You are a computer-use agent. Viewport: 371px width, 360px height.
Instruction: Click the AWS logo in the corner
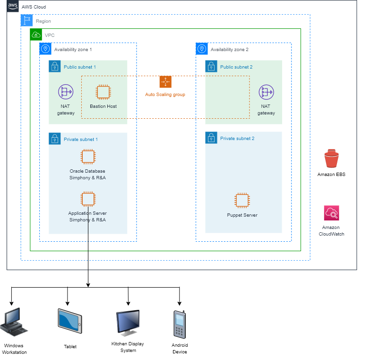point(13,6)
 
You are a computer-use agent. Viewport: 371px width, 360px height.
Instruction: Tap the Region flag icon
point(27,20)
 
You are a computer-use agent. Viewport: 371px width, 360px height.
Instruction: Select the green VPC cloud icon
point(36,35)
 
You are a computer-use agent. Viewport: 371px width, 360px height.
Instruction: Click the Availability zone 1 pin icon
point(45,49)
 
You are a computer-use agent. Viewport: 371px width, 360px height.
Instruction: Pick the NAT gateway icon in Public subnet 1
point(66,92)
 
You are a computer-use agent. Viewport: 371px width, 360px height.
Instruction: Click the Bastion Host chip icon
point(104,92)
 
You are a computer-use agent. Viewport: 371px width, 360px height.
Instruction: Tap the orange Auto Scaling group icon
point(165,82)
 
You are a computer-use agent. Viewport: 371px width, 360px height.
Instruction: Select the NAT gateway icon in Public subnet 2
point(267,92)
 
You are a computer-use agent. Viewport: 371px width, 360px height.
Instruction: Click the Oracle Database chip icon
point(88,157)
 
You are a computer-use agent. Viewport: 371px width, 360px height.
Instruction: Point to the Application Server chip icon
point(88,199)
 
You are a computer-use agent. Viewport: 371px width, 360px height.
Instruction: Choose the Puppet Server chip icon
point(242,201)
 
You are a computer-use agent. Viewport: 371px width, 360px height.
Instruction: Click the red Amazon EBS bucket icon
point(331,158)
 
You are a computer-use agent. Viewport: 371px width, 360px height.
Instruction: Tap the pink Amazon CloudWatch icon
point(331,213)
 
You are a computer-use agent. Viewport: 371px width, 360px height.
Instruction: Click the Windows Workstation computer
point(14,322)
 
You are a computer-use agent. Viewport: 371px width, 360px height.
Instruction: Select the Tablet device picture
point(70,321)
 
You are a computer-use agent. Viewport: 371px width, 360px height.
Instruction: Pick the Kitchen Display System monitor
point(128,323)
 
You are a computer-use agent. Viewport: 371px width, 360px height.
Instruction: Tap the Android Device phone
point(180,325)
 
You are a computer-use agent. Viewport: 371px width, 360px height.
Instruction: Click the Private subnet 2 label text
point(237,138)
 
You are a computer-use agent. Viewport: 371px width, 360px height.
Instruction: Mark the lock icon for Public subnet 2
point(211,66)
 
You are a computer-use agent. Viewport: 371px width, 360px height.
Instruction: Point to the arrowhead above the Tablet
point(68,304)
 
